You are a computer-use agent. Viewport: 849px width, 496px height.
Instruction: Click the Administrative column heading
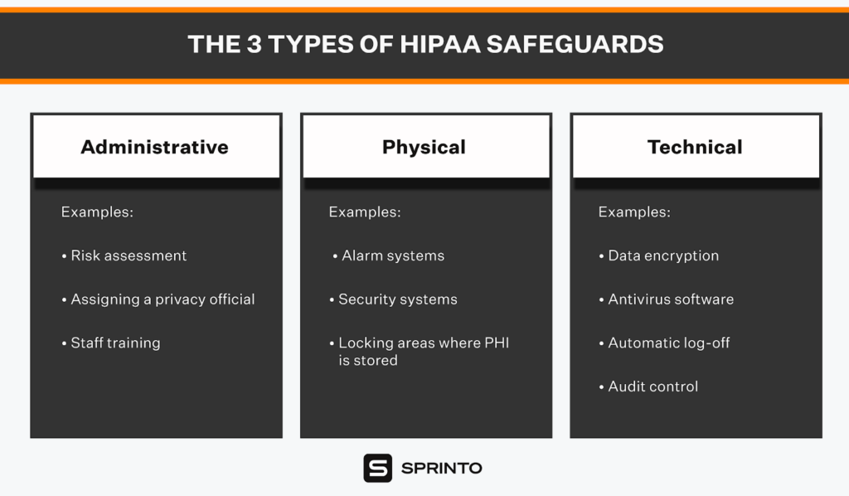(x=154, y=147)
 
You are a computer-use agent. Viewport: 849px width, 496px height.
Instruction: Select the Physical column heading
(x=424, y=147)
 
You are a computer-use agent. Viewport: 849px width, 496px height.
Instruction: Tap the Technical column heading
(x=695, y=147)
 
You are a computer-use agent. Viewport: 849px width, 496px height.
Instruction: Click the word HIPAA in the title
(x=440, y=45)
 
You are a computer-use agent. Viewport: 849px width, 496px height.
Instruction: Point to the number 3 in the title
(x=255, y=45)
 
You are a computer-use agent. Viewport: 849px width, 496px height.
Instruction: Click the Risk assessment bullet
(x=124, y=255)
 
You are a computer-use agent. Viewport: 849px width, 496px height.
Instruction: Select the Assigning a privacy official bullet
(x=158, y=299)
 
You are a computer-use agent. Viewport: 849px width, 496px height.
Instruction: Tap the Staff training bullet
(x=111, y=343)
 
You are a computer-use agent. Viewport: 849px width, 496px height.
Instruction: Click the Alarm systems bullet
(x=389, y=255)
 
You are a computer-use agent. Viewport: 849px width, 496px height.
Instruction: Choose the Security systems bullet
(x=394, y=299)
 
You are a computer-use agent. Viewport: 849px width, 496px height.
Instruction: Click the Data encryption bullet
(x=659, y=255)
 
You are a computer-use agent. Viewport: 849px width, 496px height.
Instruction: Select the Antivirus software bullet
(x=667, y=299)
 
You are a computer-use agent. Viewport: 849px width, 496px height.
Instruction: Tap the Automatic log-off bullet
(x=664, y=343)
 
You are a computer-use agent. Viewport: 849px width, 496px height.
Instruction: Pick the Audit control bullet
(x=648, y=387)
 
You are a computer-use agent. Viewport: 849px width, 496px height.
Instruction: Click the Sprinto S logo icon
(x=378, y=468)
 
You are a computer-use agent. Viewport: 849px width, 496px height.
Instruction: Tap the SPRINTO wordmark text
(x=441, y=469)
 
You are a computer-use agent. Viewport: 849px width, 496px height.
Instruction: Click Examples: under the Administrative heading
(x=97, y=212)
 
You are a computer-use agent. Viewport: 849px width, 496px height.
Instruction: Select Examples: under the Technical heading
(x=634, y=212)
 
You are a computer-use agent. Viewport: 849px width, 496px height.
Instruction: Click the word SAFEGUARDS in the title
(x=575, y=45)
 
